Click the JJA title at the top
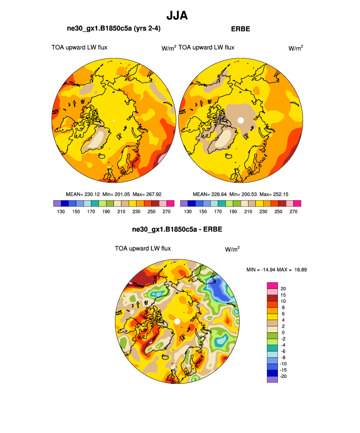point(177,16)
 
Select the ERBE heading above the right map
point(240,29)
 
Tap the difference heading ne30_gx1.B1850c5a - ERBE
point(177,229)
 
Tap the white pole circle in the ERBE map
point(240,120)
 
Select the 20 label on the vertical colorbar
point(283,289)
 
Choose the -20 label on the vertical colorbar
point(284,376)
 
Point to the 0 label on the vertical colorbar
point(282,332)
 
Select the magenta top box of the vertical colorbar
point(272,285)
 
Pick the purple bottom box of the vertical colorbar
point(272,379)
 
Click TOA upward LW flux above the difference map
point(142,248)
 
